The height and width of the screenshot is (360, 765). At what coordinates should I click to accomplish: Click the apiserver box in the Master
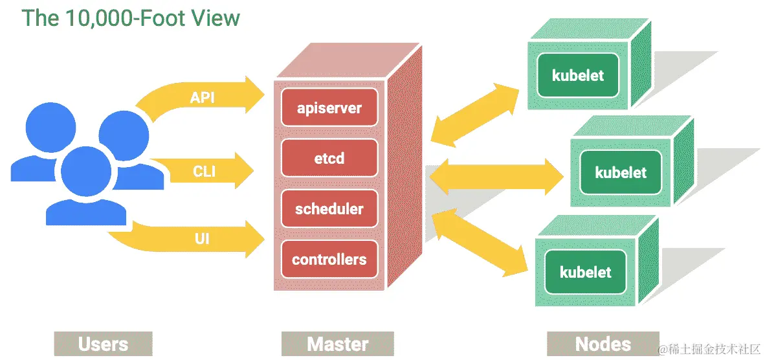pos(329,107)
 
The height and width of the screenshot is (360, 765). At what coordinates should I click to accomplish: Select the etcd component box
pos(329,158)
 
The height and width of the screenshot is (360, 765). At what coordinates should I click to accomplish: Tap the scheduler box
pos(329,209)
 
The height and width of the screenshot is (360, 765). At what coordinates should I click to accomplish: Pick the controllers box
pos(329,260)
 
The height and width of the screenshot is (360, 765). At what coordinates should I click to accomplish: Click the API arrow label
pos(202,98)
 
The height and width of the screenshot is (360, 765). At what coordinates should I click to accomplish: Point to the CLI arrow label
pos(204,172)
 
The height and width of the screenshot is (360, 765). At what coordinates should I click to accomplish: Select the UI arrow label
pos(202,240)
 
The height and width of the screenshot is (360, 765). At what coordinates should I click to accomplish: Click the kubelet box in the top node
pos(577,75)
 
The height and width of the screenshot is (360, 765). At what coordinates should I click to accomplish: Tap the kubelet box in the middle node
pos(621,172)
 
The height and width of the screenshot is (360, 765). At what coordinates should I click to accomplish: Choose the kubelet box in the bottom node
pos(585,272)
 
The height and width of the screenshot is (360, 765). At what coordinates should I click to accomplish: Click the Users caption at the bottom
pos(103,344)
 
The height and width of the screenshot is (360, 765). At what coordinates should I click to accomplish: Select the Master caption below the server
pos(337,344)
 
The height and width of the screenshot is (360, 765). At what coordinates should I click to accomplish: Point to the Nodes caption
pos(602,343)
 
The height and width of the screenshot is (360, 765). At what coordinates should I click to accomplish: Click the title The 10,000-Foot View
pos(131,17)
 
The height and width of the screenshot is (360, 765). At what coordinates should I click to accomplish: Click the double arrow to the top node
pos(475,114)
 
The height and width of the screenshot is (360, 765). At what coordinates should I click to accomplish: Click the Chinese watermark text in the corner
pos(709,350)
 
